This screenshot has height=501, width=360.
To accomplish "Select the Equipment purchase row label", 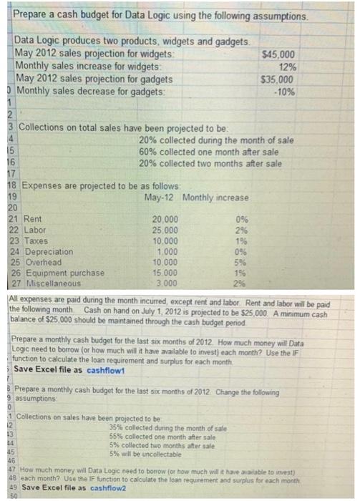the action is [64, 273].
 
